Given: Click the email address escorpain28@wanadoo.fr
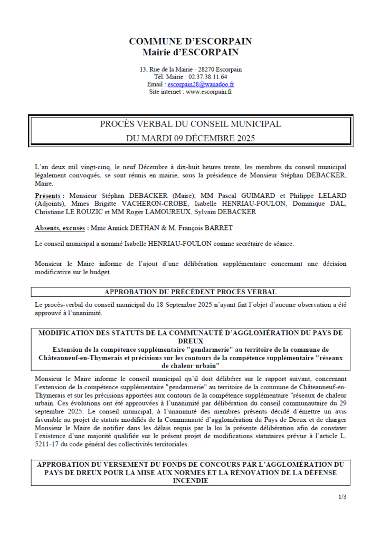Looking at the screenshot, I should tap(201, 84).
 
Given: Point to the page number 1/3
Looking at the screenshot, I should tap(343, 497).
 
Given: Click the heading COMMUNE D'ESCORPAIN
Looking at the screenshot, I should tap(190, 41).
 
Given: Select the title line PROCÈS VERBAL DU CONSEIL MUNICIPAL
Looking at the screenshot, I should tap(190, 124).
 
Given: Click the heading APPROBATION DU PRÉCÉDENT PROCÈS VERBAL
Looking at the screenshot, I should tap(190, 292).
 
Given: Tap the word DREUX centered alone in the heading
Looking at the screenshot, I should tap(190, 341).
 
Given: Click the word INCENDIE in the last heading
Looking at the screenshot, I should tap(190, 480).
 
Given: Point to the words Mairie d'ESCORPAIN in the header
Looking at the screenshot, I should tap(190, 52).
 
